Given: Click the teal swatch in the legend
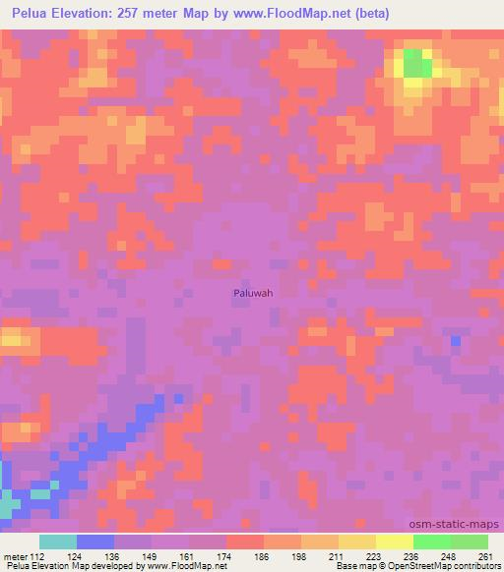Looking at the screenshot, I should (58, 542).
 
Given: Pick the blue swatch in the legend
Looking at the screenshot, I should (95, 542).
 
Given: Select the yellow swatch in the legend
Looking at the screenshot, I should (394, 542).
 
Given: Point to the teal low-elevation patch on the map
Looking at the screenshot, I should (8, 507).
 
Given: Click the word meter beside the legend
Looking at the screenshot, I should (15, 556).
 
